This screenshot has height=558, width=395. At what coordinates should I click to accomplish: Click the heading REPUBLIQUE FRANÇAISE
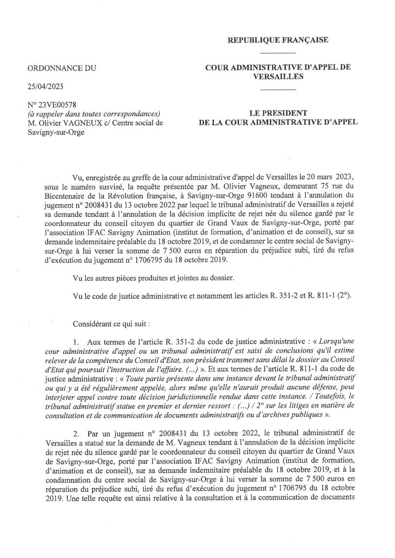[278, 40]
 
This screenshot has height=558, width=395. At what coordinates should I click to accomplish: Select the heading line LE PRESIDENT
[278, 113]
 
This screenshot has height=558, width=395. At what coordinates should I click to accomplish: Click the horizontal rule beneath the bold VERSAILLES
[278, 89]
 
